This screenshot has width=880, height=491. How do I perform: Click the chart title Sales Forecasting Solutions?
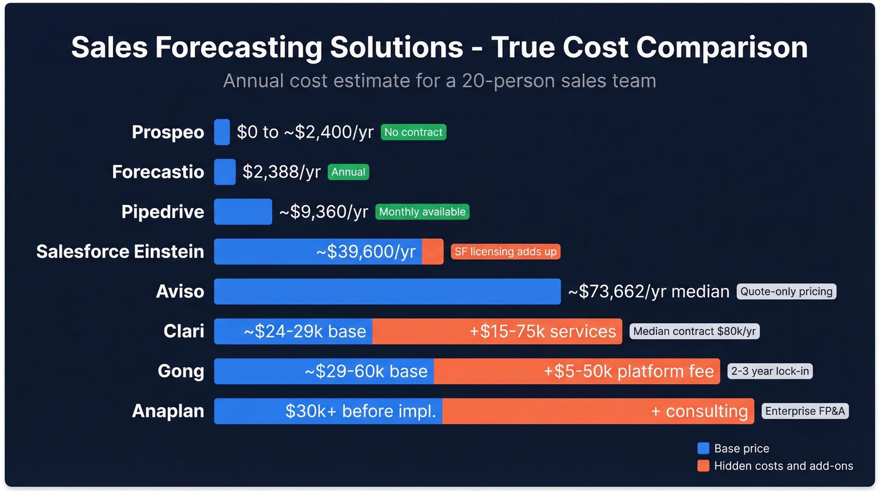pyautogui.click(x=439, y=48)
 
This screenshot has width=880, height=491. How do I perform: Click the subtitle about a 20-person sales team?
pyautogui.click(x=439, y=81)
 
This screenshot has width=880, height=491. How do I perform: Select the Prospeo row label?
pyautogui.click(x=168, y=132)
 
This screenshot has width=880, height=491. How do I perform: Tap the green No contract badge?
pyautogui.click(x=413, y=132)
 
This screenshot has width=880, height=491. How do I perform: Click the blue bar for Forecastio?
pyautogui.click(x=224, y=172)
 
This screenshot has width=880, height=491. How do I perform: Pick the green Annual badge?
pyautogui.click(x=348, y=172)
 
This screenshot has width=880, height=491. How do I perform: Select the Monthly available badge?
pyautogui.click(x=422, y=212)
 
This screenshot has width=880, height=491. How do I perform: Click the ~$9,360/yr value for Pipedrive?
pyautogui.click(x=323, y=212)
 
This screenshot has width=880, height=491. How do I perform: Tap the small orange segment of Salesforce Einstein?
pyautogui.click(x=432, y=251)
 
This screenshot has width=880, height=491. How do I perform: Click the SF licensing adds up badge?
pyautogui.click(x=505, y=251)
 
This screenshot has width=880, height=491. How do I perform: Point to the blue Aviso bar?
pyautogui.click(x=387, y=292)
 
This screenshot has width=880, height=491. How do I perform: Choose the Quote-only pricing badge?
pyautogui.click(x=786, y=292)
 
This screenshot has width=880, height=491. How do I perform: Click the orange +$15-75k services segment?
pyautogui.click(x=497, y=331)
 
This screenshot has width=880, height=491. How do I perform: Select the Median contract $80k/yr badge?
pyautogui.click(x=694, y=331)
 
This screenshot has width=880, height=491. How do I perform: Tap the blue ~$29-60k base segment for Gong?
pyautogui.click(x=324, y=371)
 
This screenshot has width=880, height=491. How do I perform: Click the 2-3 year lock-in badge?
pyautogui.click(x=770, y=371)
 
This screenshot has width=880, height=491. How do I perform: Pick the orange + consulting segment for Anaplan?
pyautogui.click(x=598, y=411)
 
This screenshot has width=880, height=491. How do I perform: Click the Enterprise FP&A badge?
pyautogui.click(x=805, y=411)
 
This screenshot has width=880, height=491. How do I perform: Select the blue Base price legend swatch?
pyautogui.click(x=703, y=448)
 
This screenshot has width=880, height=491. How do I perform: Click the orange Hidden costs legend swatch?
pyautogui.click(x=703, y=466)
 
